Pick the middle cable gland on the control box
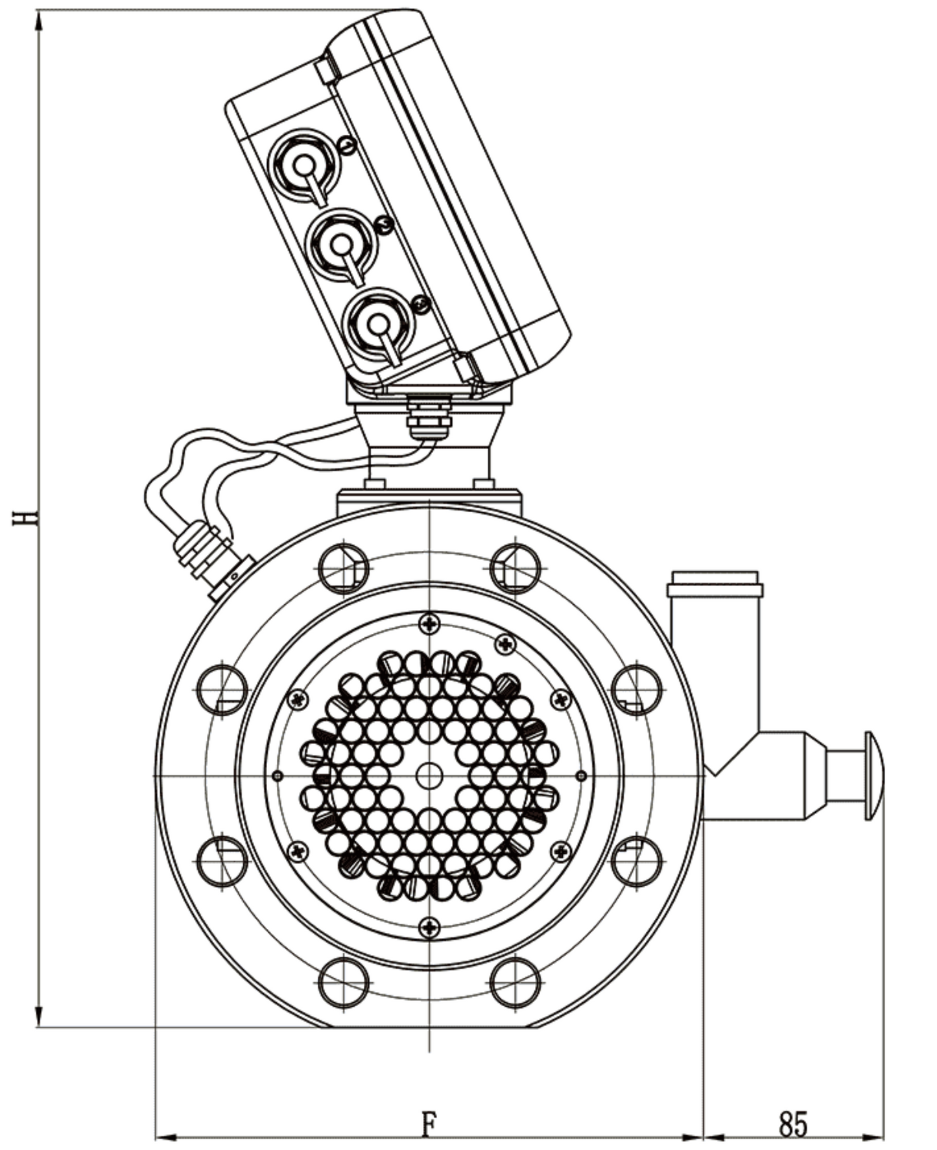340,244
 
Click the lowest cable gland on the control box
379,322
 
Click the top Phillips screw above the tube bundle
429,624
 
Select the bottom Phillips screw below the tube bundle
429,928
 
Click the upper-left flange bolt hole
344,569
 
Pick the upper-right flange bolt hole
516,569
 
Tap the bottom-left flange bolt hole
344,983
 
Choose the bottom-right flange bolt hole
516,983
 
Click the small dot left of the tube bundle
278,775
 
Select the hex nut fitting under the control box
428,415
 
